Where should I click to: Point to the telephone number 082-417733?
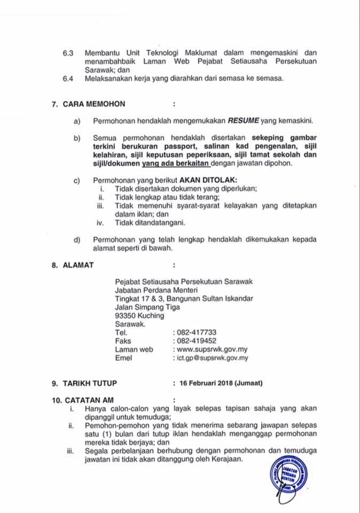click(x=197, y=332)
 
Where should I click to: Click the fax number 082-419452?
click(x=197, y=340)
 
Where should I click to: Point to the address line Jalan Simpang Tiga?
click(x=147, y=307)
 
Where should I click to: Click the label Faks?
click(x=123, y=340)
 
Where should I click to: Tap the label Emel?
click(x=123, y=358)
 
